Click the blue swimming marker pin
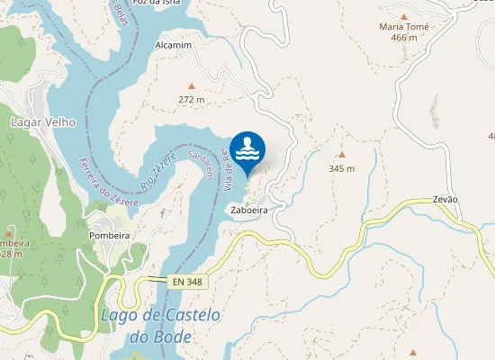247,149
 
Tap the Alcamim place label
173,45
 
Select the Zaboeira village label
250,210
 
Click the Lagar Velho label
42,121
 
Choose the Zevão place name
445,199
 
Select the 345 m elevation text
341,168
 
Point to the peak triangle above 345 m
341,155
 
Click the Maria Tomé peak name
404,27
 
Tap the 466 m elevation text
404,38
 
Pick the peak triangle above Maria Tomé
404,15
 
